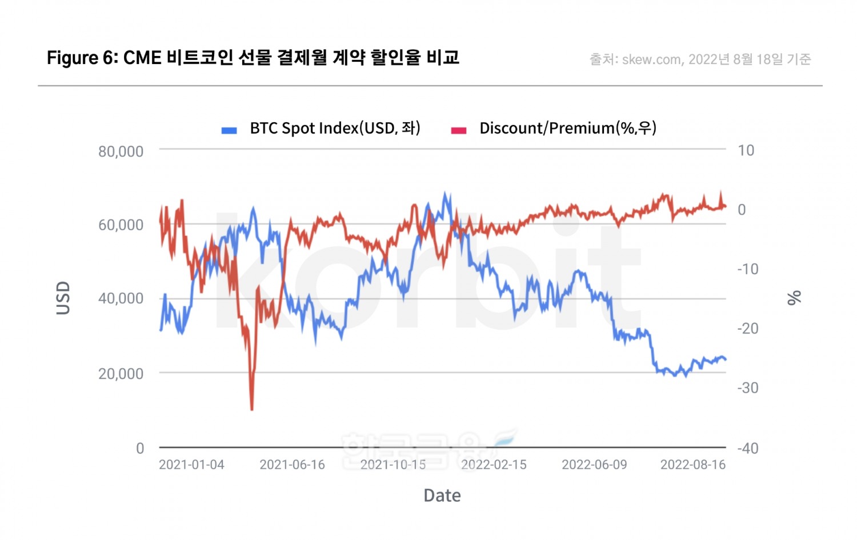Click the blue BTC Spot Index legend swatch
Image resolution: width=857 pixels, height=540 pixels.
point(229,130)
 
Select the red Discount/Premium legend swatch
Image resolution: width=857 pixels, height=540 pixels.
point(459,130)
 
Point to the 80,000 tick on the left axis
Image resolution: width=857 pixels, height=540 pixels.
point(121,151)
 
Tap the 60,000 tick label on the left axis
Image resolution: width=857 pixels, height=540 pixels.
point(121,225)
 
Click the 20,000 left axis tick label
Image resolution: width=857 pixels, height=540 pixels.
point(121,374)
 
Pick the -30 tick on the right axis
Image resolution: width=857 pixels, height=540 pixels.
point(747,388)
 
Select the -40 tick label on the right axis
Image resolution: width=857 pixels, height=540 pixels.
point(747,448)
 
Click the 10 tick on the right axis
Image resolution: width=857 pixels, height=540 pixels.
point(746,150)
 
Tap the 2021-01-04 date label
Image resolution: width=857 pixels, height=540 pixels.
point(191,465)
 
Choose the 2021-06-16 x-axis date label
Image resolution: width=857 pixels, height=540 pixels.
point(292,465)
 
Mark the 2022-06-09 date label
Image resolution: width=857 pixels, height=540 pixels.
point(594,465)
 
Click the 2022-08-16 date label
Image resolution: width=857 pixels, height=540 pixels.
point(693,465)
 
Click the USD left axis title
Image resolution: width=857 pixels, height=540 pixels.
point(63,298)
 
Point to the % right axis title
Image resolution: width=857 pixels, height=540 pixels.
point(794,298)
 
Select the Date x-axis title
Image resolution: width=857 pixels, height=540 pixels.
point(442,495)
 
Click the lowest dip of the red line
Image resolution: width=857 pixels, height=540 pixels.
point(252,409)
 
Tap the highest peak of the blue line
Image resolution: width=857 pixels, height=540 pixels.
point(446,193)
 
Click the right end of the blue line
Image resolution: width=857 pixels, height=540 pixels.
point(726,359)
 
